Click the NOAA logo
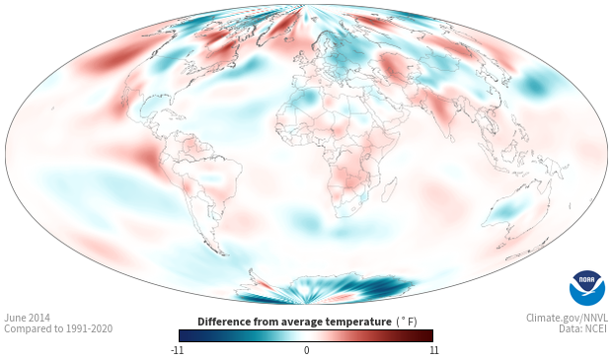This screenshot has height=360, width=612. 586,288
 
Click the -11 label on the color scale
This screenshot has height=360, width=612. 177,350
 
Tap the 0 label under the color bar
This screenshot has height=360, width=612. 306,350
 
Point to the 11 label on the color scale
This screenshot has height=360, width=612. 433,350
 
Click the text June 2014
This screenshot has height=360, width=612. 27,318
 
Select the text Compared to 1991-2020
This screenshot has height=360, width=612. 58,328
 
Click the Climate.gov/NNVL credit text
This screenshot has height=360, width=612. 567,318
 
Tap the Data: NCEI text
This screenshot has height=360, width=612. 582,328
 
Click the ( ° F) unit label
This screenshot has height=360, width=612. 407,323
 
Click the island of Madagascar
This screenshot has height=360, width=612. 389,190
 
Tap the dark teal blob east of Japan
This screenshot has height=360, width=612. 534,85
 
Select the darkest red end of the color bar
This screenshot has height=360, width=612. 429,335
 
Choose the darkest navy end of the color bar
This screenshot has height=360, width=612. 184,335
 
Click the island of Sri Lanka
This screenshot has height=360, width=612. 451,138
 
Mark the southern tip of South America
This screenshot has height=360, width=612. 223,255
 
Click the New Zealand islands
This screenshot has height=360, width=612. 525,251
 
